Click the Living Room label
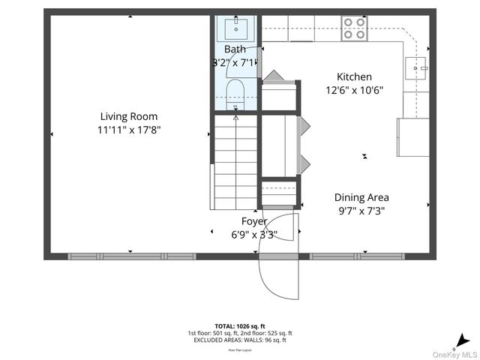coord(129,116)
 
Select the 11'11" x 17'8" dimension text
coord(129,130)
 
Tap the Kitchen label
coord(354,76)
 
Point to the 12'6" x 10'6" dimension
coord(354,90)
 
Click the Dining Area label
coord(361,197)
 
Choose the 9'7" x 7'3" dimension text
coord(361,211)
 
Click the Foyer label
coord(253,221)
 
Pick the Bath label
coord(235,49)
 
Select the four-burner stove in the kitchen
coord(354,28)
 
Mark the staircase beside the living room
coord(235,161)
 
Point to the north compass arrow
coord(465,340)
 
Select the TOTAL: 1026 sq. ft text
coord(240,325)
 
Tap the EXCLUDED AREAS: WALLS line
coord(240,340)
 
